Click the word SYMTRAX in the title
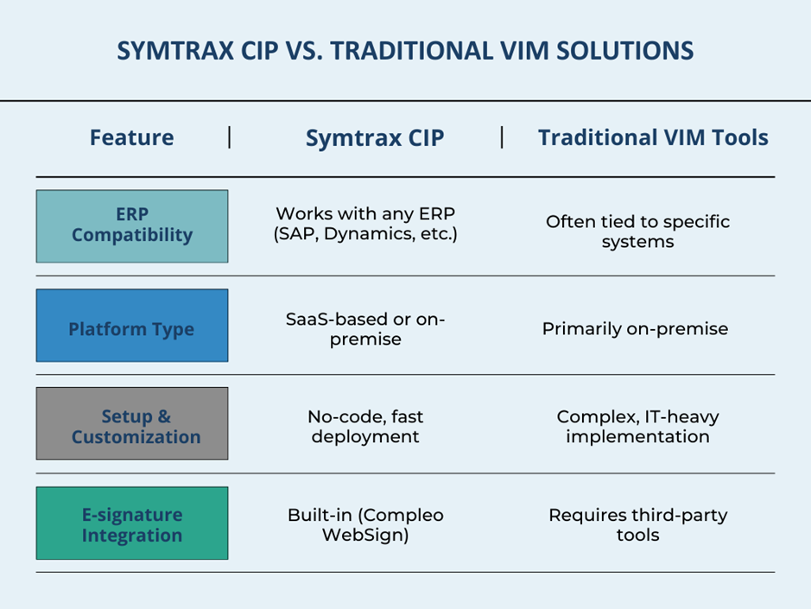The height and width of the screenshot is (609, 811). point(175,51)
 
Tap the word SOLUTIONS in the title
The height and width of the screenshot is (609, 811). point(624,51)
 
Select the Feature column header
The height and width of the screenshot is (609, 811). point(132,137)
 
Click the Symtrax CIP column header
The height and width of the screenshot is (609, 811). point(375,138)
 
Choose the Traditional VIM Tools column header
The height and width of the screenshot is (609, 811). point(653,137)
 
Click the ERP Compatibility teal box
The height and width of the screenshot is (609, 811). point(132,226)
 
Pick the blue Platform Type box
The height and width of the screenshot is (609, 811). point(132,326)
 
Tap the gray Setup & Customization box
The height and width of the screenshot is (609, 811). point(132,423)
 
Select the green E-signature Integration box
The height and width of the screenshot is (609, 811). point(132,523)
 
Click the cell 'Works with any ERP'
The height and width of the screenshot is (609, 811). point(365,213)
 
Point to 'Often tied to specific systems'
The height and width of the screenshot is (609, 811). point(637,232)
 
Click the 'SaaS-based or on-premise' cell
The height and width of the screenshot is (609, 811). point(365,329)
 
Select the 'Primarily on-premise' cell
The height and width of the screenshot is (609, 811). point(635,329)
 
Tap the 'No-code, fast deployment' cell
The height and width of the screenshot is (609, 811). point(365,427)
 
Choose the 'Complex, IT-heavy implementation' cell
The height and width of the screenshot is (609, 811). point(637,427)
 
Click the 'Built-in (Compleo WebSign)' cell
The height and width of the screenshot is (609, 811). point(365,524)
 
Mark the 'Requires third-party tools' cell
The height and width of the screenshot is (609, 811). point(637,524)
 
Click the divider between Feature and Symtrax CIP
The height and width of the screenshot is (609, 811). point(229,137)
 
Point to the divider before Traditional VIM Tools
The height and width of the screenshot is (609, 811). point(502,137)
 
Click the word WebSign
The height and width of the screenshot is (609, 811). point(365,535)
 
